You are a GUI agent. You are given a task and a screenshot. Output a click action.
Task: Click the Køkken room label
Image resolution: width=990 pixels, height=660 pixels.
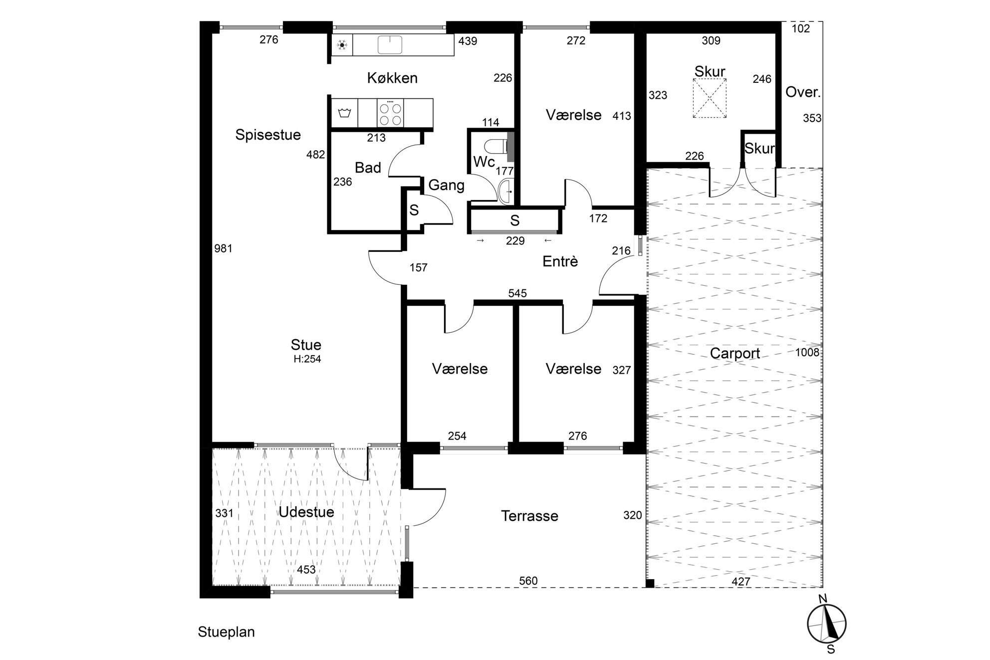tap(392, 78)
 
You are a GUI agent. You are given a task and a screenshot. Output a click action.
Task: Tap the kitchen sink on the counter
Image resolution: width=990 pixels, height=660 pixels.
tap(390, 44)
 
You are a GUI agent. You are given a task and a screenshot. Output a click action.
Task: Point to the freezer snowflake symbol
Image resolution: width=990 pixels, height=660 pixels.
tap(342, 45)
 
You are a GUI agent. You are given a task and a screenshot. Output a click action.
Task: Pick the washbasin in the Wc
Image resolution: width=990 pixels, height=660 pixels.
tap(506, 191)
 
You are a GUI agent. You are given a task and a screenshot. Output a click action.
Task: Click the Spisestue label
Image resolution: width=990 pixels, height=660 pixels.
tap(268, 135)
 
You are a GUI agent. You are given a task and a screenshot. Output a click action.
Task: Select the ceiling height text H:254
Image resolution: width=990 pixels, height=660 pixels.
tap(307, 359)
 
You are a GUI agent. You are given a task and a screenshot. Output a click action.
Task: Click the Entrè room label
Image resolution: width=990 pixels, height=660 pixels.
tap(560, 261)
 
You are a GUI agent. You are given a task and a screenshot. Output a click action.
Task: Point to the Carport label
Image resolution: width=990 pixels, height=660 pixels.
tap(735, 354)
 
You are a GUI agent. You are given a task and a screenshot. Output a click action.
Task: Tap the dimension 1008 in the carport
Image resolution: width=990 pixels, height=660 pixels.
tap(807, 352)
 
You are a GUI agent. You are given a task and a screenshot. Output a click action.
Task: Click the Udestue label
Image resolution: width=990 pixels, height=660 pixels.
tap(306, 512)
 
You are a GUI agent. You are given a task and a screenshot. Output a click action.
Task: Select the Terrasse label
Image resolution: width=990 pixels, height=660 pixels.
tap(529, 516)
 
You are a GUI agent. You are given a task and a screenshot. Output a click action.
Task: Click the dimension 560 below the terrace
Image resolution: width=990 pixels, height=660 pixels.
tap(528, 581)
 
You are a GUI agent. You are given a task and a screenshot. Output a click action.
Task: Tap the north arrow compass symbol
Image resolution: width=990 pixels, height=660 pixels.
tap(827, 623)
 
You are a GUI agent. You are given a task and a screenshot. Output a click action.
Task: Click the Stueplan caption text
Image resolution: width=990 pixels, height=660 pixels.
tap(226, 632)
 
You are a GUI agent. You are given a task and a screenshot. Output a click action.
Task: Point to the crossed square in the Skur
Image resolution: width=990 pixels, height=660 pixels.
tap(710, 99)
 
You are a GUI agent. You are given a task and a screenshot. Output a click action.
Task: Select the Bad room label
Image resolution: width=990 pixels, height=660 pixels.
tap(368, 168)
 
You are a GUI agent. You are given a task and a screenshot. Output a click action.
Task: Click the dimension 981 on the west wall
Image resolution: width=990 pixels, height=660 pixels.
tap(223, 248)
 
